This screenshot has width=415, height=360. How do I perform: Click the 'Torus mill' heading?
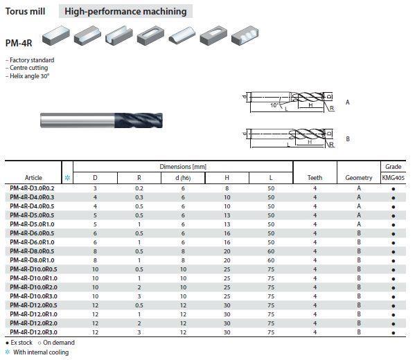[25, 11]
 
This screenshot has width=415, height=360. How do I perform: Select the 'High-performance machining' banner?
[125, 11]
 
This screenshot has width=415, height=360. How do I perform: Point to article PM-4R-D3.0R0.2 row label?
[32, 188]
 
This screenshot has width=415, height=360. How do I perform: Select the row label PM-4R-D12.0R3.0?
[34, 332]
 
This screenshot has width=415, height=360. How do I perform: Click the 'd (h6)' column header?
[183, 178]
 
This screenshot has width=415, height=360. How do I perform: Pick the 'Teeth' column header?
[315, 178]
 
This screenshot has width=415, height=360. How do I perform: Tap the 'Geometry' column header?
[359, 178]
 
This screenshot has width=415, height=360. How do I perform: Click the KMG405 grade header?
[394, 178]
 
